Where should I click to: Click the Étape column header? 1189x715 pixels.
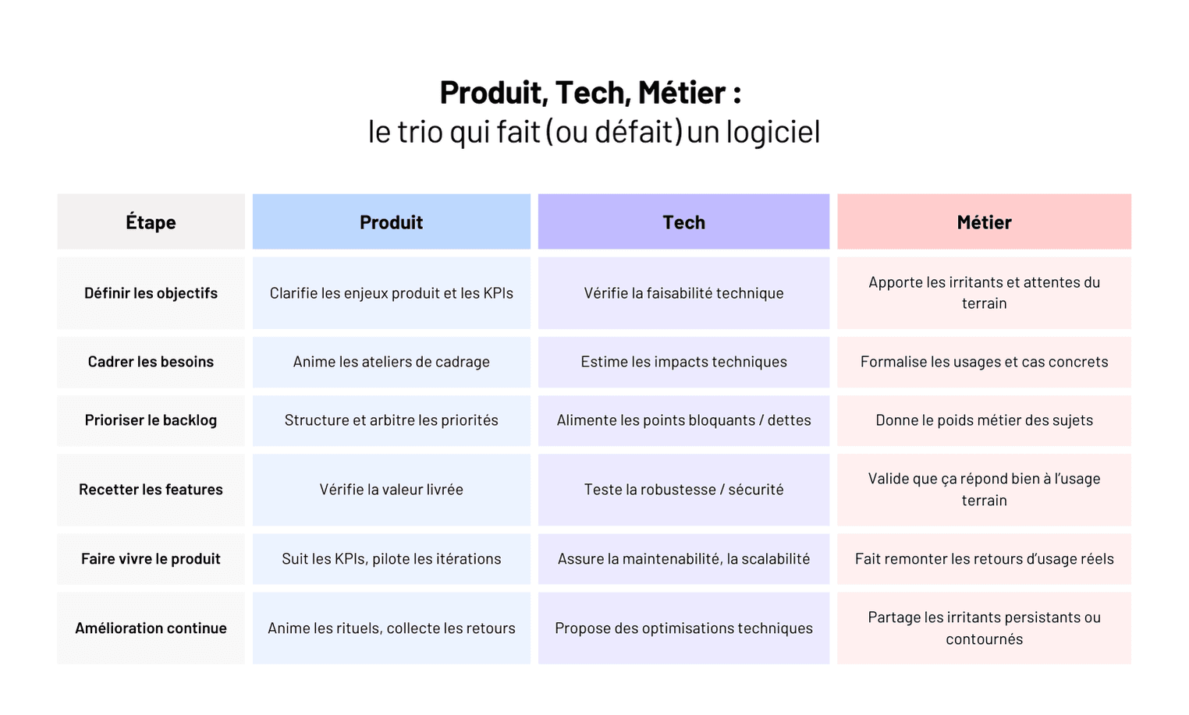click(151, 222)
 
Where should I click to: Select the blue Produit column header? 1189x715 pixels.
click(391, 222)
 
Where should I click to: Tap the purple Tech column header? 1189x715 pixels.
click(683, 222)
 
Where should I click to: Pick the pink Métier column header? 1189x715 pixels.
click(984, 222)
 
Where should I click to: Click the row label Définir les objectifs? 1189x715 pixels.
click(151, 293)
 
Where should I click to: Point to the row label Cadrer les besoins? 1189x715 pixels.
click(151, 362)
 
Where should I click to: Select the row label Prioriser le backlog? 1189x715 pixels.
click(151, 420)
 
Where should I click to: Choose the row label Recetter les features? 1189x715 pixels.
click(151, 490)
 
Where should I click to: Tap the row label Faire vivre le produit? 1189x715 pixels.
click(151, 559)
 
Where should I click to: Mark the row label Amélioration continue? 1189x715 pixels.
click(151, 628)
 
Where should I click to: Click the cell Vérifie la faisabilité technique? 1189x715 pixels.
click(683, 293)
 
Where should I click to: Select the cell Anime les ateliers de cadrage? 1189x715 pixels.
click(391, 362)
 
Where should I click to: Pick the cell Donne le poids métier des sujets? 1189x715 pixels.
click(984, 420)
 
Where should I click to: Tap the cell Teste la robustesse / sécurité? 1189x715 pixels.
click(683, 490)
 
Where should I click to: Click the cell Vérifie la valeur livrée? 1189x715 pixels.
click(391, 490)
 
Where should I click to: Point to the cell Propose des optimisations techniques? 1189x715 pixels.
click(683, 628)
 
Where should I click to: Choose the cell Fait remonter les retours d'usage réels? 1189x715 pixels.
click(984, 559)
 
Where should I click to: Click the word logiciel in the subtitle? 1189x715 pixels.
click(772, 132)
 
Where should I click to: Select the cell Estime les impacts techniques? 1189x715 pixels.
click(683, 362)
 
